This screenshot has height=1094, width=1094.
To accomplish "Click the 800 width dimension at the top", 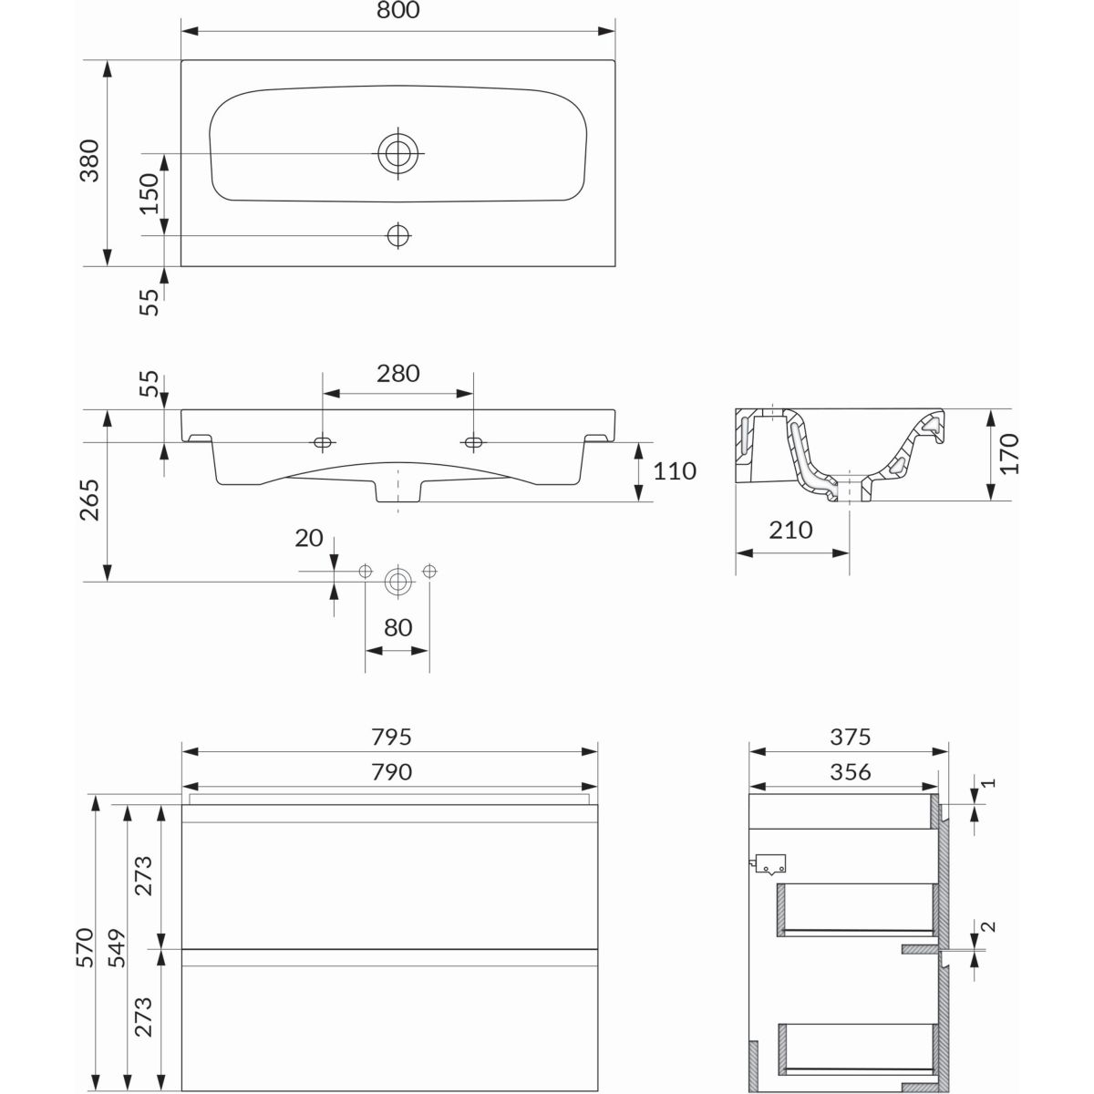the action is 398,10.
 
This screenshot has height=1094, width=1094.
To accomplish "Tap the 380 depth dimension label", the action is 89,160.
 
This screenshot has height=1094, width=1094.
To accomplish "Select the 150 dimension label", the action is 150,193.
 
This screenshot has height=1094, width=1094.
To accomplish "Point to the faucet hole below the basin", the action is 398,234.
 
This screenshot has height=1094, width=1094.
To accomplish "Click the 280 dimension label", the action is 398,374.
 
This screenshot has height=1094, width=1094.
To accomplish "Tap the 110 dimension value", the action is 675,471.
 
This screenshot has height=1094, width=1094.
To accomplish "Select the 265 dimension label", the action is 89,501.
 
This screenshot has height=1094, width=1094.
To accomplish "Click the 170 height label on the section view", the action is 1010,454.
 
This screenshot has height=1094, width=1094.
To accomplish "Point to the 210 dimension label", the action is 790,531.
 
